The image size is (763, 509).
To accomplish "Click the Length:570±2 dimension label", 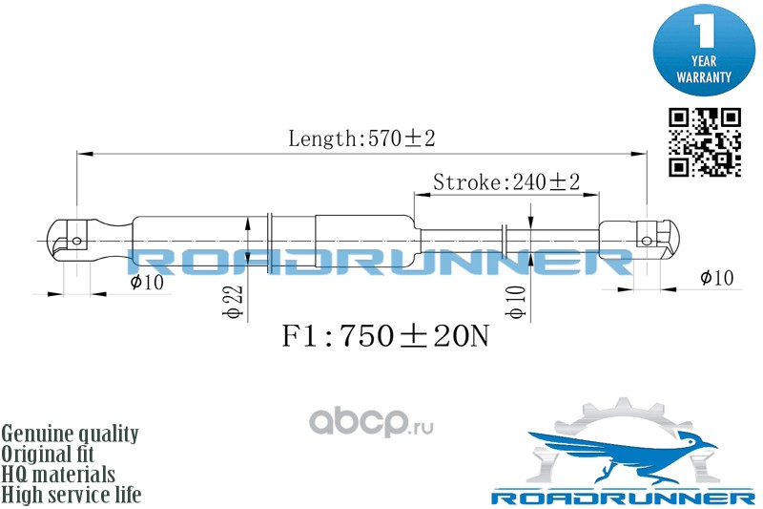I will point(361,138).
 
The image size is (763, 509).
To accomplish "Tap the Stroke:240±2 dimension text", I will point(506,181).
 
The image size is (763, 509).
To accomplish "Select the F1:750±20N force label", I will point(384,337).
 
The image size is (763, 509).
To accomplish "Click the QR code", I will point(704,142).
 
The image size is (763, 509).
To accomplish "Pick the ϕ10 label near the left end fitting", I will point(148,282).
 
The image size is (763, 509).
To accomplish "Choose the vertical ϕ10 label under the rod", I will point(516,302).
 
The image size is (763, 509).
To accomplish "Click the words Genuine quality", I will point(71,434).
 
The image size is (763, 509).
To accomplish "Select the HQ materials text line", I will point(59,475).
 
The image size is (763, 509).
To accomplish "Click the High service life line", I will point(72,495).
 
